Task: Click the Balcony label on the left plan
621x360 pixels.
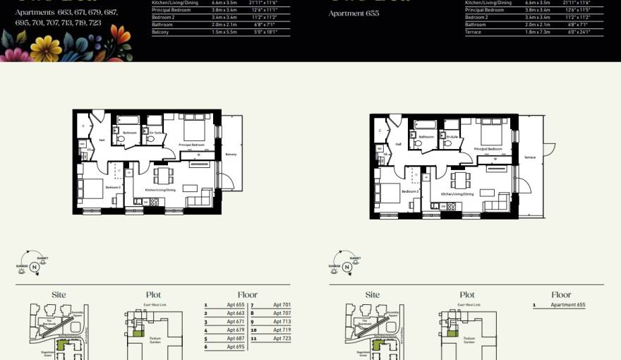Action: (x=231, y=154)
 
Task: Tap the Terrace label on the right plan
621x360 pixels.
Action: (x=529, y=157)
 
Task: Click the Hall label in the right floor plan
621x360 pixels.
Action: (x=398, y=144)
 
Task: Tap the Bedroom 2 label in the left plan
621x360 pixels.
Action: (x=113, y=188)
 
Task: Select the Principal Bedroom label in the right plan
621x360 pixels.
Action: (x=487, y=150)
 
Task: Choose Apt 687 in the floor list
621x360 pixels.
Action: (x=236, y=338)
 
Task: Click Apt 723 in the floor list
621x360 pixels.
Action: (x=282, y=338)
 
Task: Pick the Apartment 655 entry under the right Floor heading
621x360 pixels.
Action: (x=568, y=305)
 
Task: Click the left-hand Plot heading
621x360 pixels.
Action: (x=154, y=294)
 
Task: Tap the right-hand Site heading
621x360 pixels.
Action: (x=373, y=294)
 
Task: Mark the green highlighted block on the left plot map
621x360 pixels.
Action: (x=139, y=332)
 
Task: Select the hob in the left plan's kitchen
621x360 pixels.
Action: (x=153, y=203)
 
